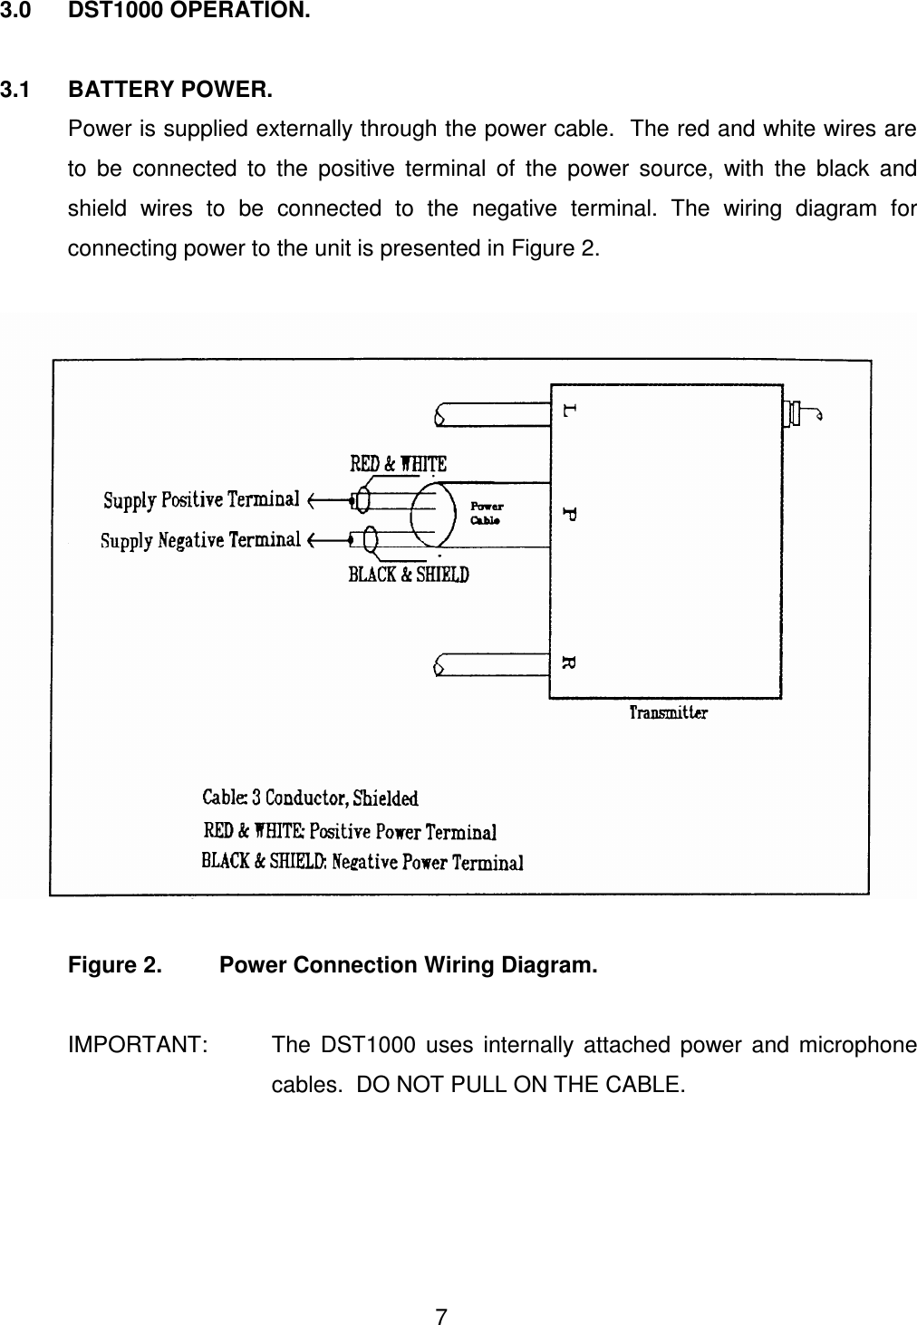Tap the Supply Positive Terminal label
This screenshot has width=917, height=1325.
coord(201,499)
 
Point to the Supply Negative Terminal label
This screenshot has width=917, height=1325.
coord(200,541)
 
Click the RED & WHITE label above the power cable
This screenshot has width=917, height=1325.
coord(398,464)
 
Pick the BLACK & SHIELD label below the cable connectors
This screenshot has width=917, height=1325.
coord(409,575)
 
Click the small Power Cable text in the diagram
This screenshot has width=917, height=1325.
coord(487,514)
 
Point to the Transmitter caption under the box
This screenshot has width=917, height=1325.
coord(669,713)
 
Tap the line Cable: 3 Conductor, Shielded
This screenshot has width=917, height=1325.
coord(310,798)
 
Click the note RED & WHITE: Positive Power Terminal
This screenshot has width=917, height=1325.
coord(349,831)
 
